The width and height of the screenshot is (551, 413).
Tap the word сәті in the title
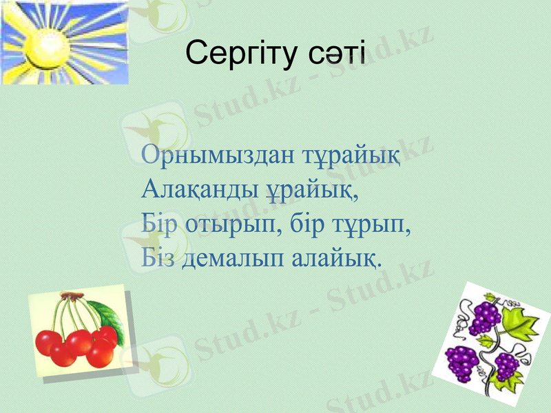coord(335,54)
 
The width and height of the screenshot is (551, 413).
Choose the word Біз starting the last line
coord(159,259)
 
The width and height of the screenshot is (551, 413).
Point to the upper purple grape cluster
coord(486,317)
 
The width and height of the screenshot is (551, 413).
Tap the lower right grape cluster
coord(507,365)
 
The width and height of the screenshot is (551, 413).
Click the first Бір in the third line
coord(159,224)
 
